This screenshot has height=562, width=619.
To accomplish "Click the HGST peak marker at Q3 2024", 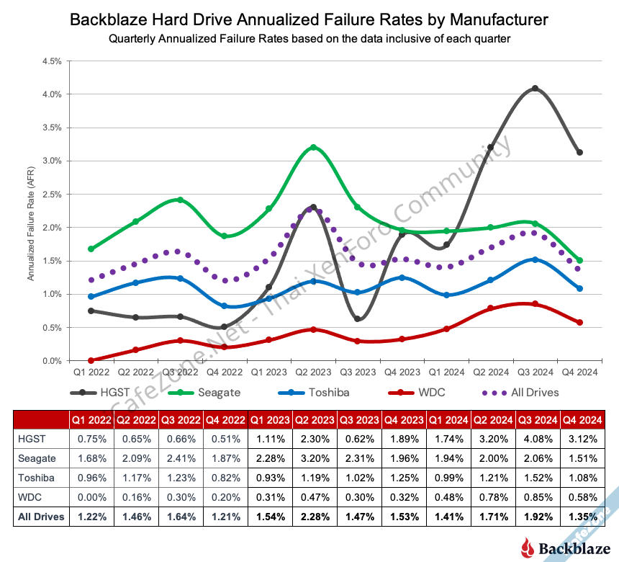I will coord(535,89).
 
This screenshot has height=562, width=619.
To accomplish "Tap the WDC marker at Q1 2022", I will coord(91,360).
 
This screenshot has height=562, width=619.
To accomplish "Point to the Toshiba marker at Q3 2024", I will coord(535,259).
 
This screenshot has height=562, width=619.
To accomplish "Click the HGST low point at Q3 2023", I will coord(358,319).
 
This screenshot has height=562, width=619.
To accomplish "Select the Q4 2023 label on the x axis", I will coord(402,373).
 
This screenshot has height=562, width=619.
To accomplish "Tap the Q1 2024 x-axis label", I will coord(446,373).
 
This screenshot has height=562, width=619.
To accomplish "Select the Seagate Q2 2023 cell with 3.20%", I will coord(315,457).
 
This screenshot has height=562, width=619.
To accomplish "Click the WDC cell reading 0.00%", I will coord(91,496).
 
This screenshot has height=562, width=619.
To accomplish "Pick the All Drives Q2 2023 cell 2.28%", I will coord(315,517).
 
